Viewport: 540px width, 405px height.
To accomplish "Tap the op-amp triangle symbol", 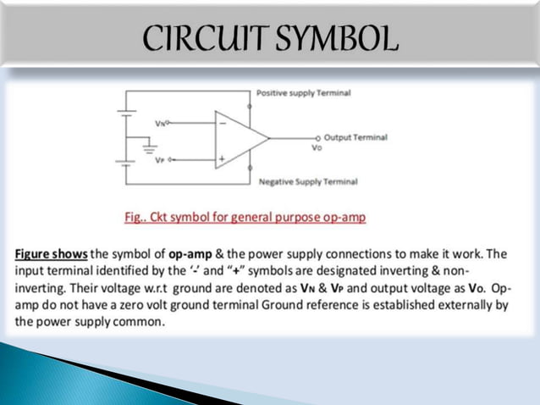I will (x=238, y=136).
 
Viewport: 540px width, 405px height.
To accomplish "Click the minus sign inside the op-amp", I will (x=223, y=123).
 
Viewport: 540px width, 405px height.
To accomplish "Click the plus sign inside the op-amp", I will (x=223, y=158).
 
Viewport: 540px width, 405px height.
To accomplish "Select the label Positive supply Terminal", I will (x=303, y=92).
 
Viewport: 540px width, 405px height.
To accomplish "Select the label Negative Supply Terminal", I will (x=307, y=181).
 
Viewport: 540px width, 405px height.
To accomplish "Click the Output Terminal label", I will (x=355, y=136).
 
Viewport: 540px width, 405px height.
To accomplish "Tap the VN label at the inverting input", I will (x=161, y=124).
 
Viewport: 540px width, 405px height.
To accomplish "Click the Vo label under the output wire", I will (x=317, y=147).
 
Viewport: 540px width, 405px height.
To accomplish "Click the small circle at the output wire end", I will (x=318, y=137).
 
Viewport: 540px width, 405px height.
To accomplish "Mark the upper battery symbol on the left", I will (x=125, y=114).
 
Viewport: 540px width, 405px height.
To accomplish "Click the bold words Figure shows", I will (x=51, y=254).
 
